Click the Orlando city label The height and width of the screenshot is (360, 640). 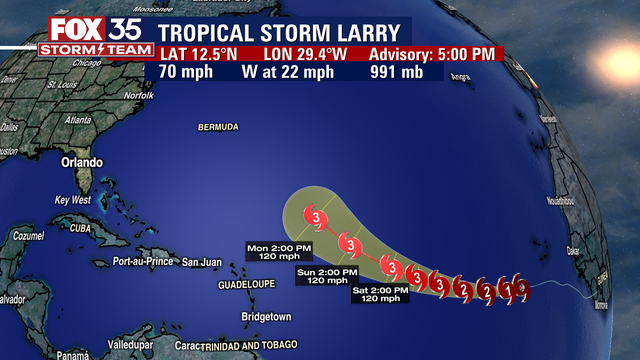pyautogui.click(x=82, y=162)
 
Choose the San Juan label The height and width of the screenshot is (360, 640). pyautogui.click(x=200, y=262)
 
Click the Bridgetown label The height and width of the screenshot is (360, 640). pyautogui.click(x=265, y=317)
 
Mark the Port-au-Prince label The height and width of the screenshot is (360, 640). pyautogui.click(x=145, y=262)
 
